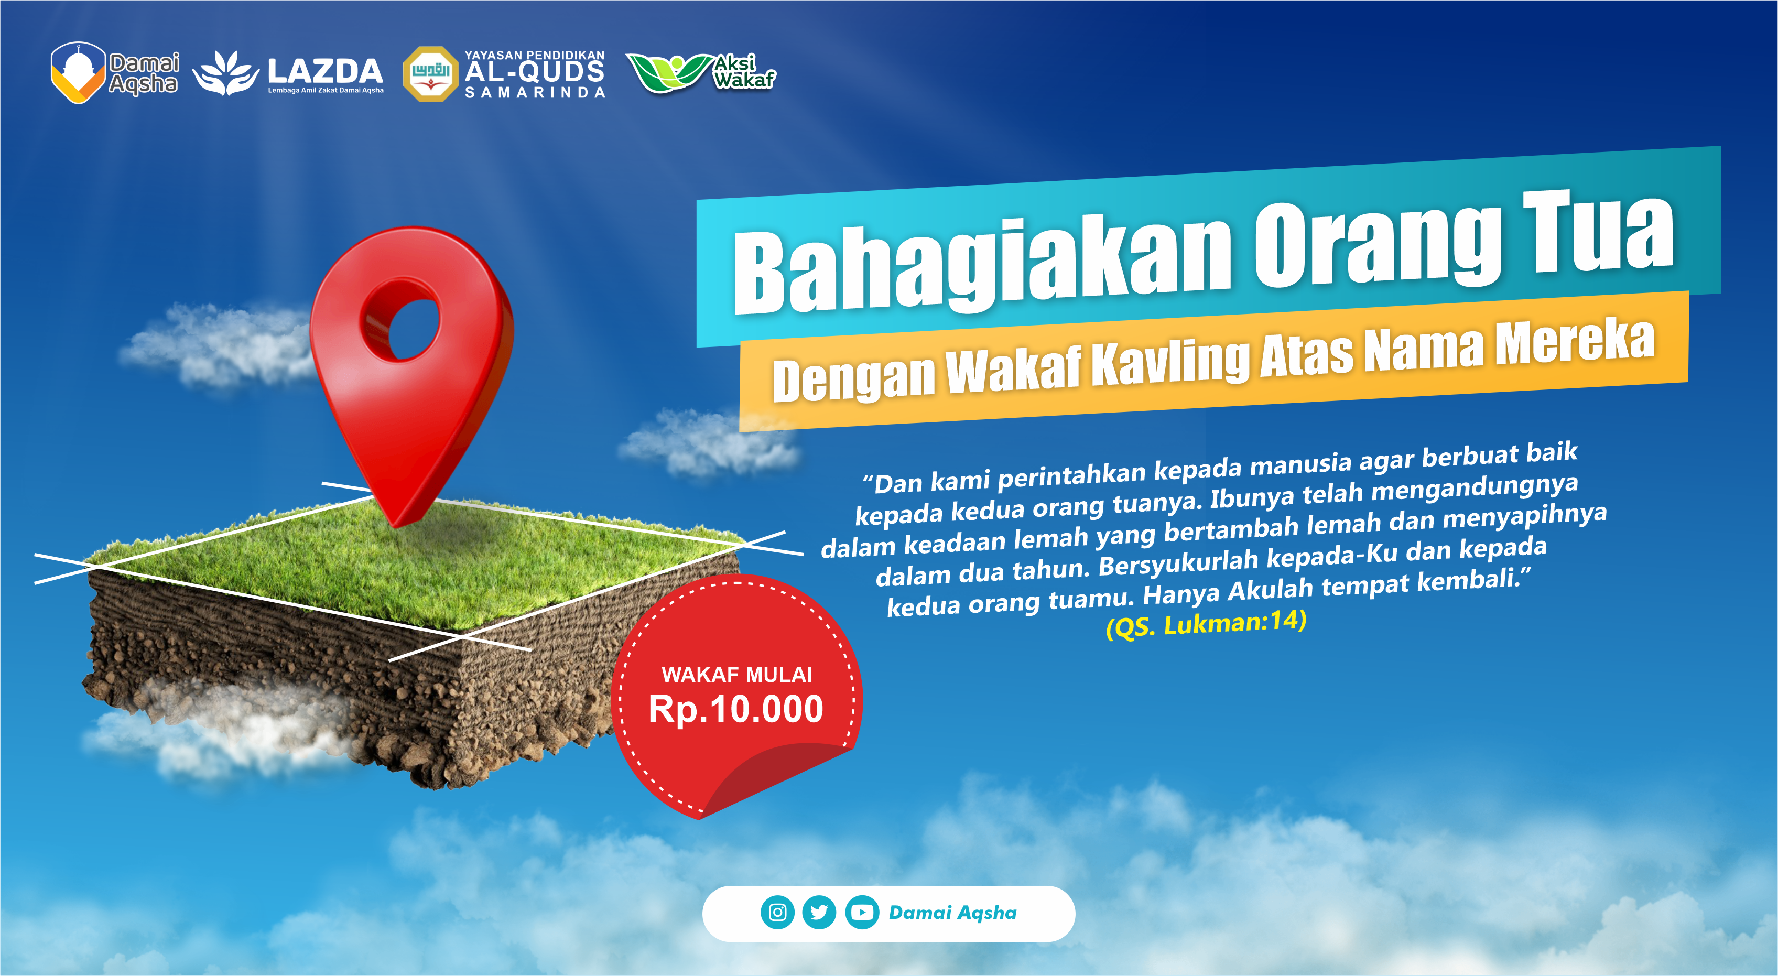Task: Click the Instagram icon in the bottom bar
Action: (x=777, y=913)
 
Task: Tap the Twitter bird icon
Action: (x=819, y=913)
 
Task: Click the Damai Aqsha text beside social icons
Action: (x=952, y=913)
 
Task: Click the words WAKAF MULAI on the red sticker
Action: (x=736, y=675)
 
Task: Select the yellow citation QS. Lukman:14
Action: (x=1206, y=624)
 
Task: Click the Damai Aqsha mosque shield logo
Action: (x=78, y=72)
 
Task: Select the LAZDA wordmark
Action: (x=324, y=71)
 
